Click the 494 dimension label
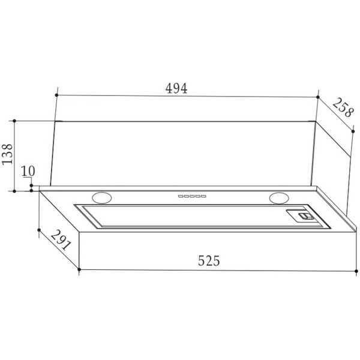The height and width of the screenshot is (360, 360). click(176, 88)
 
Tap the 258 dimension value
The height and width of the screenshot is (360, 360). click(343, 107)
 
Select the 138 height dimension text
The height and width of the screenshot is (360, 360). click(7, 154)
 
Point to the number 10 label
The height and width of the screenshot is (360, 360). click(28, 171)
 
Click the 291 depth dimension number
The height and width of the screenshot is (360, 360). click(61, 240)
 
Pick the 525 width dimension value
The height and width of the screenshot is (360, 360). click(209, 260)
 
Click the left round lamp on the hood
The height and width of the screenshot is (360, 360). click(102, 197)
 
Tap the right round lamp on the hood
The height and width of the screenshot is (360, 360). click(279, 198)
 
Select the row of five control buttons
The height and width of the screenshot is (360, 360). click(192, 196)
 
